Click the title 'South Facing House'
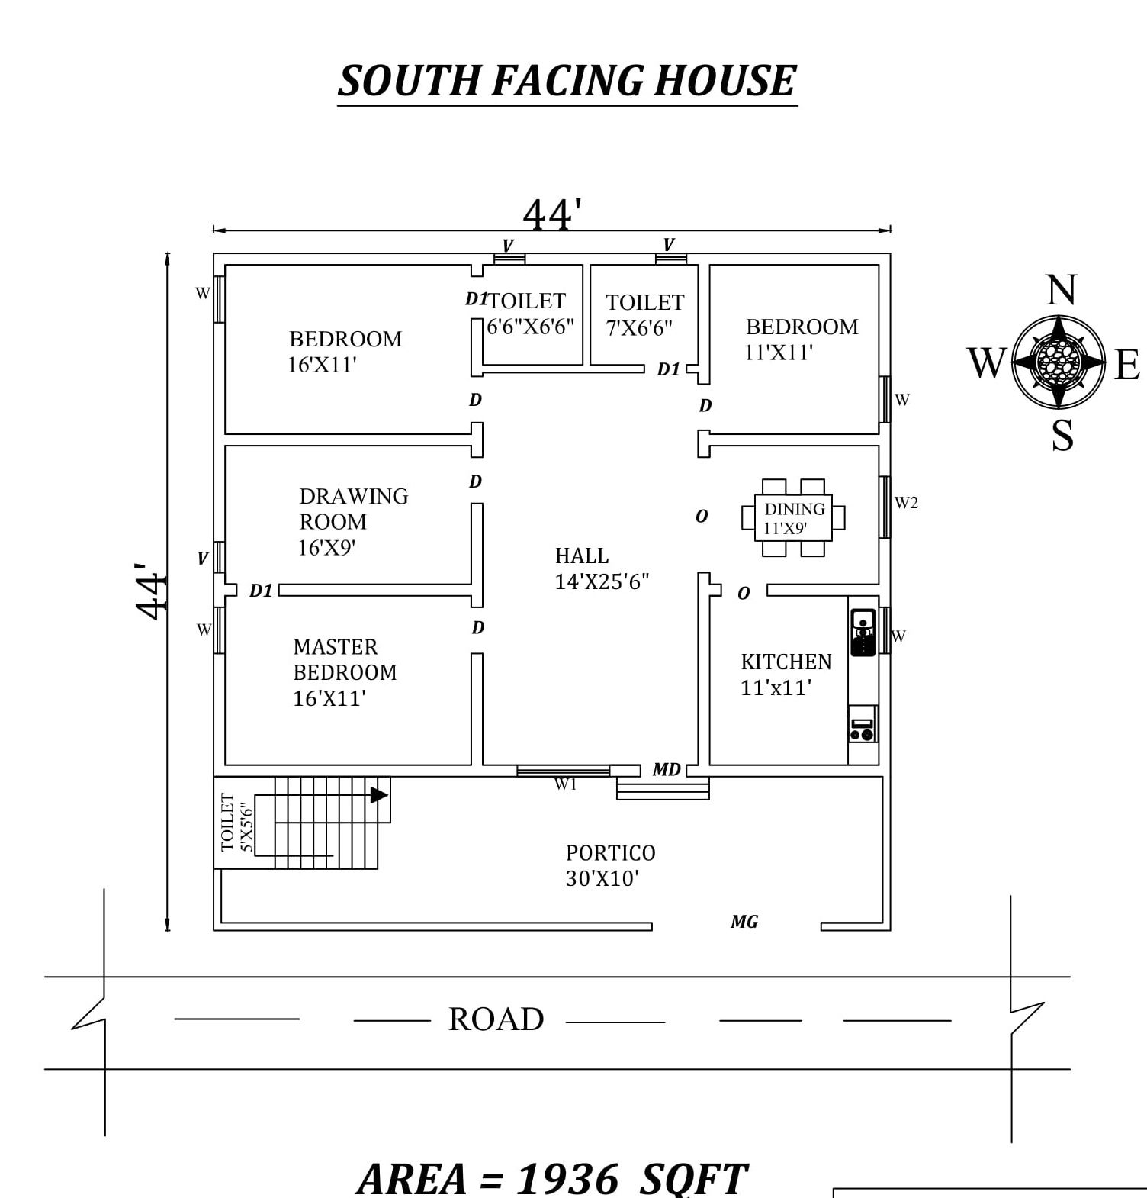pos(567,81)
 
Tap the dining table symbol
pos(793,517)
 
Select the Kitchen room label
pos(786,675)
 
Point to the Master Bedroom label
pos(345,672)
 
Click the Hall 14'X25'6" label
pos(602,568)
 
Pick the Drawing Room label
pos(353,522)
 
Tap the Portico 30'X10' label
pos(610,865)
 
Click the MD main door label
pos(667,769)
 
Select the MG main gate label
pos(744,922)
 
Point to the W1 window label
pos(565,784)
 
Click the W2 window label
pos(906,502)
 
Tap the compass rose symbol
pos(1058,362)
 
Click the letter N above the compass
pos(1061,291)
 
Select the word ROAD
pos(496,1019)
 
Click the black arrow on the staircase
pos(379,794)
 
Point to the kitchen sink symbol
pos(863,632)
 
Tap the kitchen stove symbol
pos(863,723)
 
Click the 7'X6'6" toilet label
pos(644,315)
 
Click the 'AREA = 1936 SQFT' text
pos(552,1177)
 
